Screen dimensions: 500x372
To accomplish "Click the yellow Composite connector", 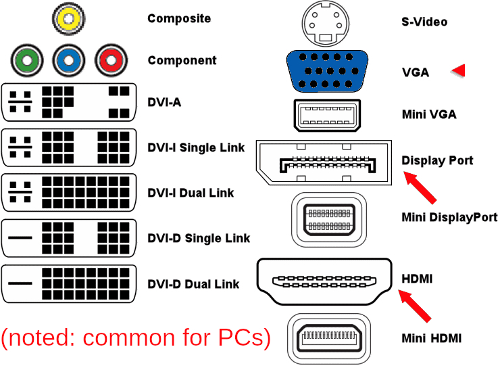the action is [68, 18].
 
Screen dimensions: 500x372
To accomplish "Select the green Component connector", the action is [27, 60].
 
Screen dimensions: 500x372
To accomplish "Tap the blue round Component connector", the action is [69, 60].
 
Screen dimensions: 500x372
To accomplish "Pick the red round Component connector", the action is [111, 60].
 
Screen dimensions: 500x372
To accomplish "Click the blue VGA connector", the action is [327, 71].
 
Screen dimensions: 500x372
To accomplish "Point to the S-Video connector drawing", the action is [326, 24].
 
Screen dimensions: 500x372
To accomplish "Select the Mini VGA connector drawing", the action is [327, 115].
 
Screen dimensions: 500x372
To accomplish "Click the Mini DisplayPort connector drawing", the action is [329, 220].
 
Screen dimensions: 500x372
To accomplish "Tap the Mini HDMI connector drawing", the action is [329, 339].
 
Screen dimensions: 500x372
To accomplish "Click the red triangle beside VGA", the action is [459, 70].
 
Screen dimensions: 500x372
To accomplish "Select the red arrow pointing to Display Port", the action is [420, 187].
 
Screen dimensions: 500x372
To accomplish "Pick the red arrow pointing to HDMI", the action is [415, 306].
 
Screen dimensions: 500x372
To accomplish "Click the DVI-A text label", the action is [164, 103].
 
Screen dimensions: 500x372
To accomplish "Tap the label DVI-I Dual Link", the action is [191, 193].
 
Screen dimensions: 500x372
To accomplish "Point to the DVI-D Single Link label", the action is [199, 238].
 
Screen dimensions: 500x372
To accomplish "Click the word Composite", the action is [179, 18].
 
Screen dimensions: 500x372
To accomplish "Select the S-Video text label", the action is [424, 22].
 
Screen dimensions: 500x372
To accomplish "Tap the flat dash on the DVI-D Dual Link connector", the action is [20, 283].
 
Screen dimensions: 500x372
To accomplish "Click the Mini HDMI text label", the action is [432, 338].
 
